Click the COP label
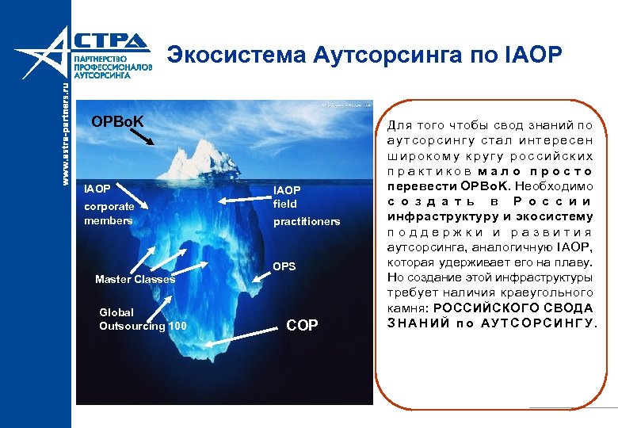[301, 327]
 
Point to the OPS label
[285, 266]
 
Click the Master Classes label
[135, 279]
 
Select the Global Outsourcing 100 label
[143, 319]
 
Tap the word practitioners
[306, 222]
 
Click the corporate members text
[109, 213]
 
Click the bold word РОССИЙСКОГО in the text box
[480, 308]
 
